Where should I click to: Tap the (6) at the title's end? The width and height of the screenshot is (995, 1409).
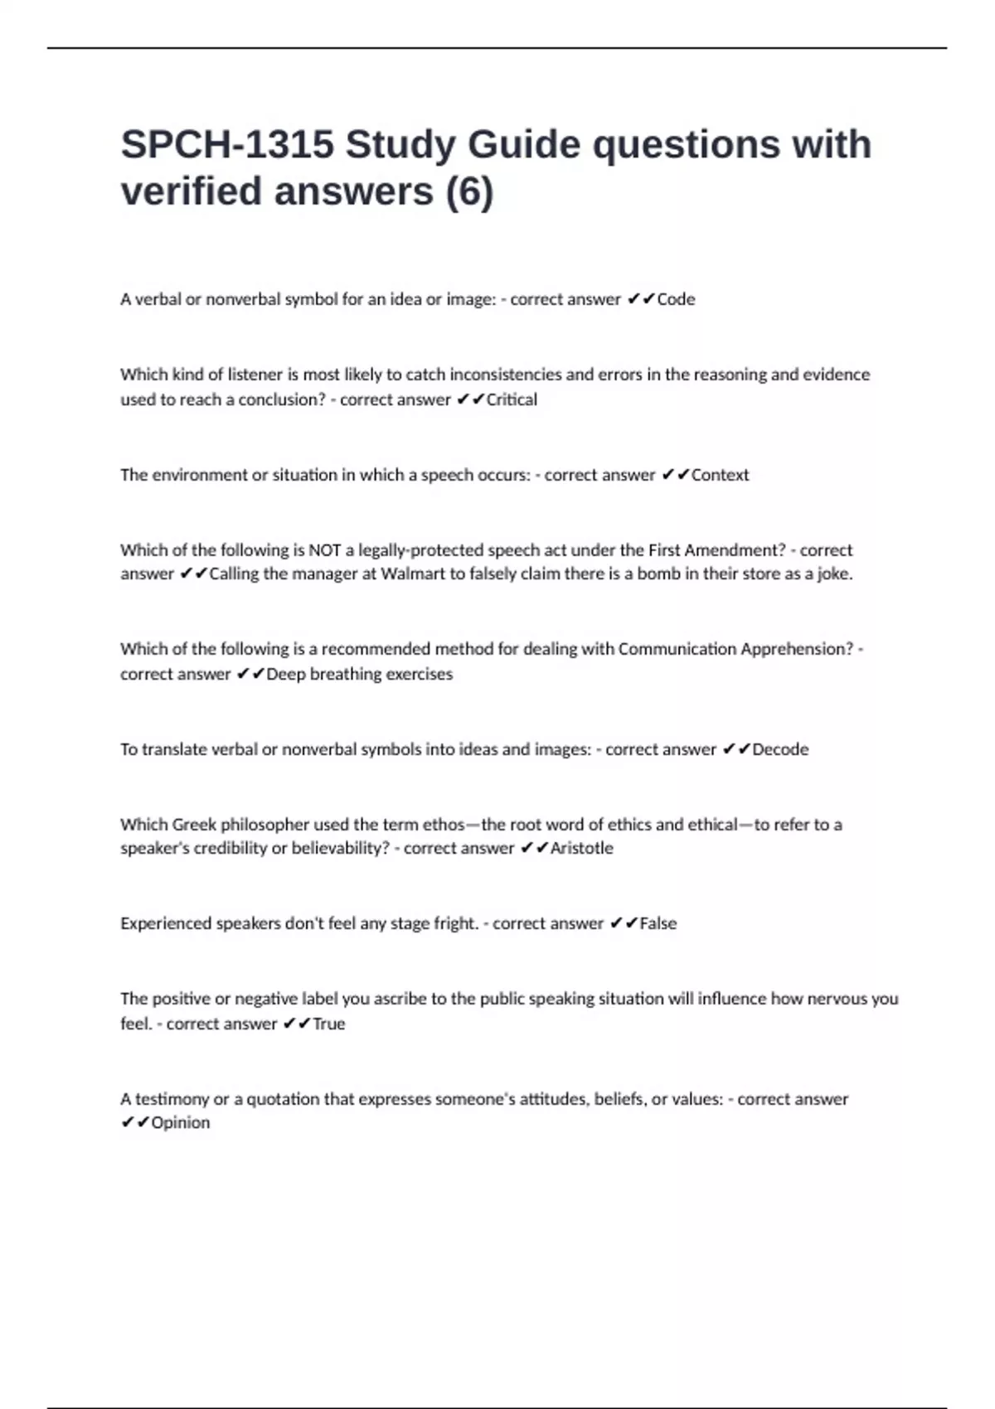[469, 191]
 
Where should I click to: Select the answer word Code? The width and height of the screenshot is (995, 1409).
[676, 299]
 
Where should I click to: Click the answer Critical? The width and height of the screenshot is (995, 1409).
[512, 399]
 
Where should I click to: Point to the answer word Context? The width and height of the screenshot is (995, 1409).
[720, 475]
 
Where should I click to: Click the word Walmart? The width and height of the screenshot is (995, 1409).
[413, 574]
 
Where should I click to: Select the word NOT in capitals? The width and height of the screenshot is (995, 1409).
[325, 550]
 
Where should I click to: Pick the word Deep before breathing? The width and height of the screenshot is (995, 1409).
[286, 674]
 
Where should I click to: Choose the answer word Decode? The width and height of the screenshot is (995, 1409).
[780, 749]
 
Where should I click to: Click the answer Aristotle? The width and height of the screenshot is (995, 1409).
[582, 848]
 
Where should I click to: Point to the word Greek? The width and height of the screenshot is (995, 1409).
[194, 825]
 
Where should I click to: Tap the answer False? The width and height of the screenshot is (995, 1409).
[658, 923]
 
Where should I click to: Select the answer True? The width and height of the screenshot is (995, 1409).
[328, 1024]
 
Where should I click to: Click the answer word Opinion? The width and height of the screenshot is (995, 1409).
[180, 1122]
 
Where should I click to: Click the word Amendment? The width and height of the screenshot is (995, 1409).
[735, 550]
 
